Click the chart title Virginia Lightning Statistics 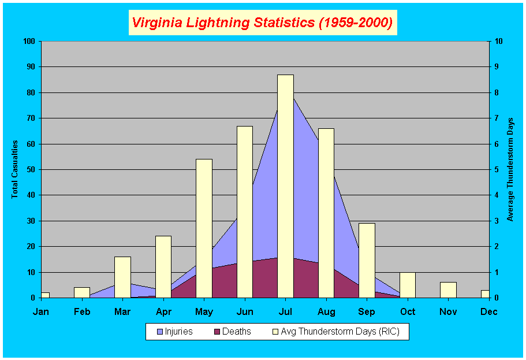(262, 23)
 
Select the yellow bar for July (285, 186)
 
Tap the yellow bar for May (204, 228)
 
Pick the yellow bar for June (245, 211)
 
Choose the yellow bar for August (326, 213)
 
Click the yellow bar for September (367, 260)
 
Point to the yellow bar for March (122, 277)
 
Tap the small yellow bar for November (448, 290)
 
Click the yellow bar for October (408, 284)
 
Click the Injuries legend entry (175, 332)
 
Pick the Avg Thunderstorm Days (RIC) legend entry (338, 332)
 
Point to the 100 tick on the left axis (29, 41)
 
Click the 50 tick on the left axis (31, 169)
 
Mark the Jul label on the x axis (285, 312)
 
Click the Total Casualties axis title (15, 169)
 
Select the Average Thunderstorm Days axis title (510, 169)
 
